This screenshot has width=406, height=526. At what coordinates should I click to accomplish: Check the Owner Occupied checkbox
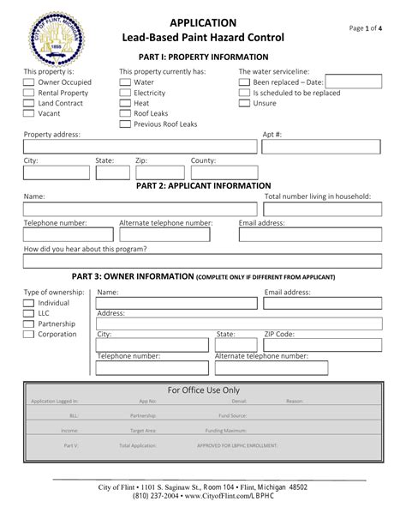(x=29, y=82)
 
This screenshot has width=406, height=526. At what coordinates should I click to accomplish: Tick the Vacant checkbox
(x=29, y=113)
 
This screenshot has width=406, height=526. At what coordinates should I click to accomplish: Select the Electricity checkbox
(x=125, y=93)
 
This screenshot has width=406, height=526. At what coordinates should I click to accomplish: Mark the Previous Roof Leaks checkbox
(x=125, y=124)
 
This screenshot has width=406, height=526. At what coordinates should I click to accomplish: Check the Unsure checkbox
(x=245, y=103)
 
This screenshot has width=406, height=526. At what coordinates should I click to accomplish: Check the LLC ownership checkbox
(x=29, y=314)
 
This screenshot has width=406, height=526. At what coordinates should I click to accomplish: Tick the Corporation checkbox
(x=29, y=335)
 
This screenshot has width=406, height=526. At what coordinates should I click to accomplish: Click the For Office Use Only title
(x=203, y=390)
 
